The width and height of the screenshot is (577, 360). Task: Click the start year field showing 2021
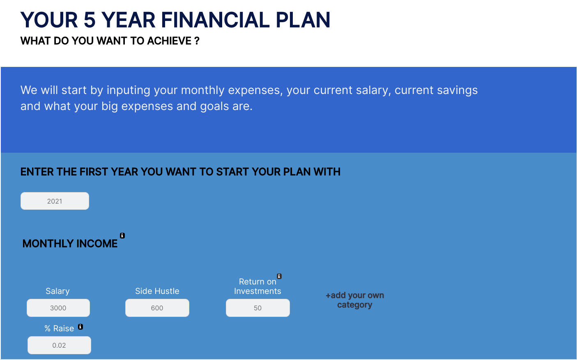(x=55, y=201)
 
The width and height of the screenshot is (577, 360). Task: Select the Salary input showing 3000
(x=58, y=308)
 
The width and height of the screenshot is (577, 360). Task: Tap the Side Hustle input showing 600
(x=157, y=308)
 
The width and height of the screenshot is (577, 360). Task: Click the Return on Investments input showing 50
(x=258, y=308)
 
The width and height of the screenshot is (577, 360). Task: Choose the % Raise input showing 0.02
(x=59, y=345)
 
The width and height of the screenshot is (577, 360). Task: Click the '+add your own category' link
(x=355, y=300)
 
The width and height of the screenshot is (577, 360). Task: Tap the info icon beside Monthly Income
(x=122, y=235)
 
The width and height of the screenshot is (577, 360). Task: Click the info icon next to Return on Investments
(x=279, y=276)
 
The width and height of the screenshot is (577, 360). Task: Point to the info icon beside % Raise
(x=80, y=326)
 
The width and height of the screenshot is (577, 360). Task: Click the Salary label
(x=57, y=291)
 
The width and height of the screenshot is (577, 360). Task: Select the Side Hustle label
(x=157, y=291)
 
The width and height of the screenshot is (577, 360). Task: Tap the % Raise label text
(x=59, y=328)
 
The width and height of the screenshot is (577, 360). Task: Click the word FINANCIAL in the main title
(x=215, y=20)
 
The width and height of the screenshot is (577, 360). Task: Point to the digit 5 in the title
(x=90, y=20)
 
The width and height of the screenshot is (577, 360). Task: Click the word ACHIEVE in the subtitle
(x=169, y=41)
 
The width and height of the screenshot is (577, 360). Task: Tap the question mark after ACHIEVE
(x=197, y=41)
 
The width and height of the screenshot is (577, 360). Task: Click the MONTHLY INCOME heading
(x=70, y=243)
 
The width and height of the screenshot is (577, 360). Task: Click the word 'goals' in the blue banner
(x=214, y=106)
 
